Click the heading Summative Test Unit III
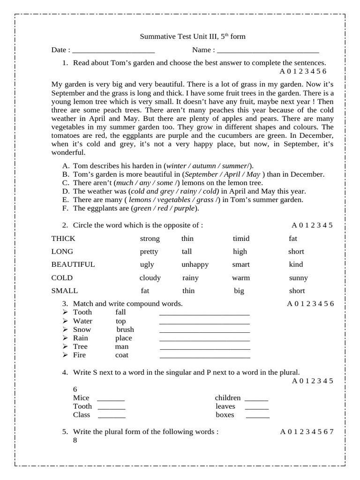click(193, 37)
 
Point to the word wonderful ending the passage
click(68, 153)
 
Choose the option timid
click(241, 239)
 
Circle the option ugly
click(147, 264)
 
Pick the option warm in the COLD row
click(241, 278)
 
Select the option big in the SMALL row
click(239, 291)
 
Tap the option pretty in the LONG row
click(149, 252)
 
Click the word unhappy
click(195, 264)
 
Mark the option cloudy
click(150, 278)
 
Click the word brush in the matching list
click(125, 330)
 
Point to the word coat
click(121, 355)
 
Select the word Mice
click(81, 398)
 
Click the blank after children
click(256, 400)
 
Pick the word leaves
click(225, 406)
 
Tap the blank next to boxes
click(258, 417)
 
